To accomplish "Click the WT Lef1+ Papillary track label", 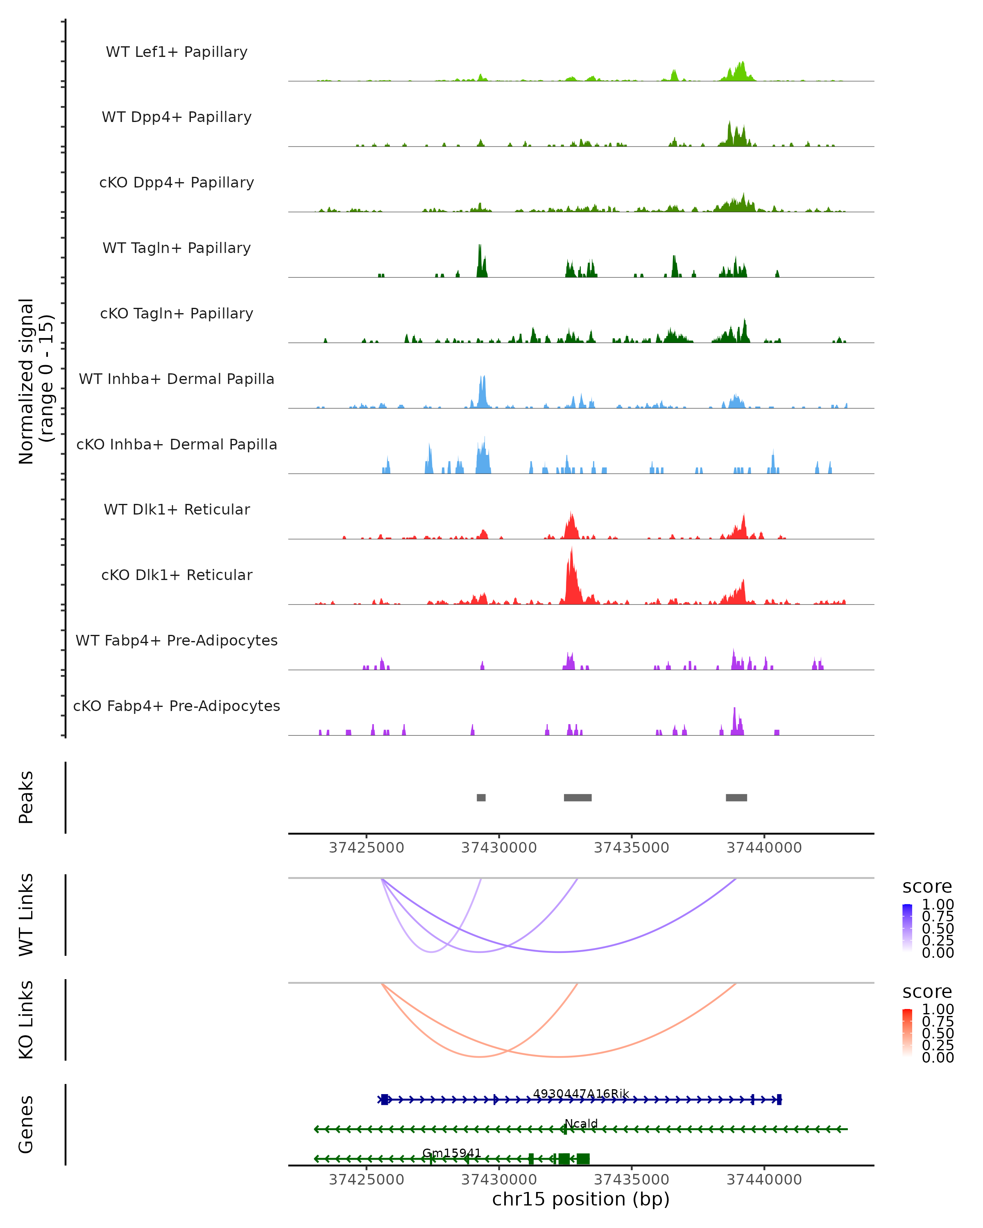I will click(177, 52).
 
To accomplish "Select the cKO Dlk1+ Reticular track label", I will click(177, 575).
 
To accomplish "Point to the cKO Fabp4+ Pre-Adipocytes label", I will click(177, 706).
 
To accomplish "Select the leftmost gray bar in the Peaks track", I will click(481, 797).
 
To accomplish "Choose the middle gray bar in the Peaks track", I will click(577, 797).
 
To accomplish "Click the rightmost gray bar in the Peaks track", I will click(736, 797).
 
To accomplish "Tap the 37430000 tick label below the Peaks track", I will click(498, 848).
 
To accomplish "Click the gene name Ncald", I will click(581, 1124).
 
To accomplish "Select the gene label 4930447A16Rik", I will click(581, 1094).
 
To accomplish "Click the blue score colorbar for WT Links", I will click(907, 928).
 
